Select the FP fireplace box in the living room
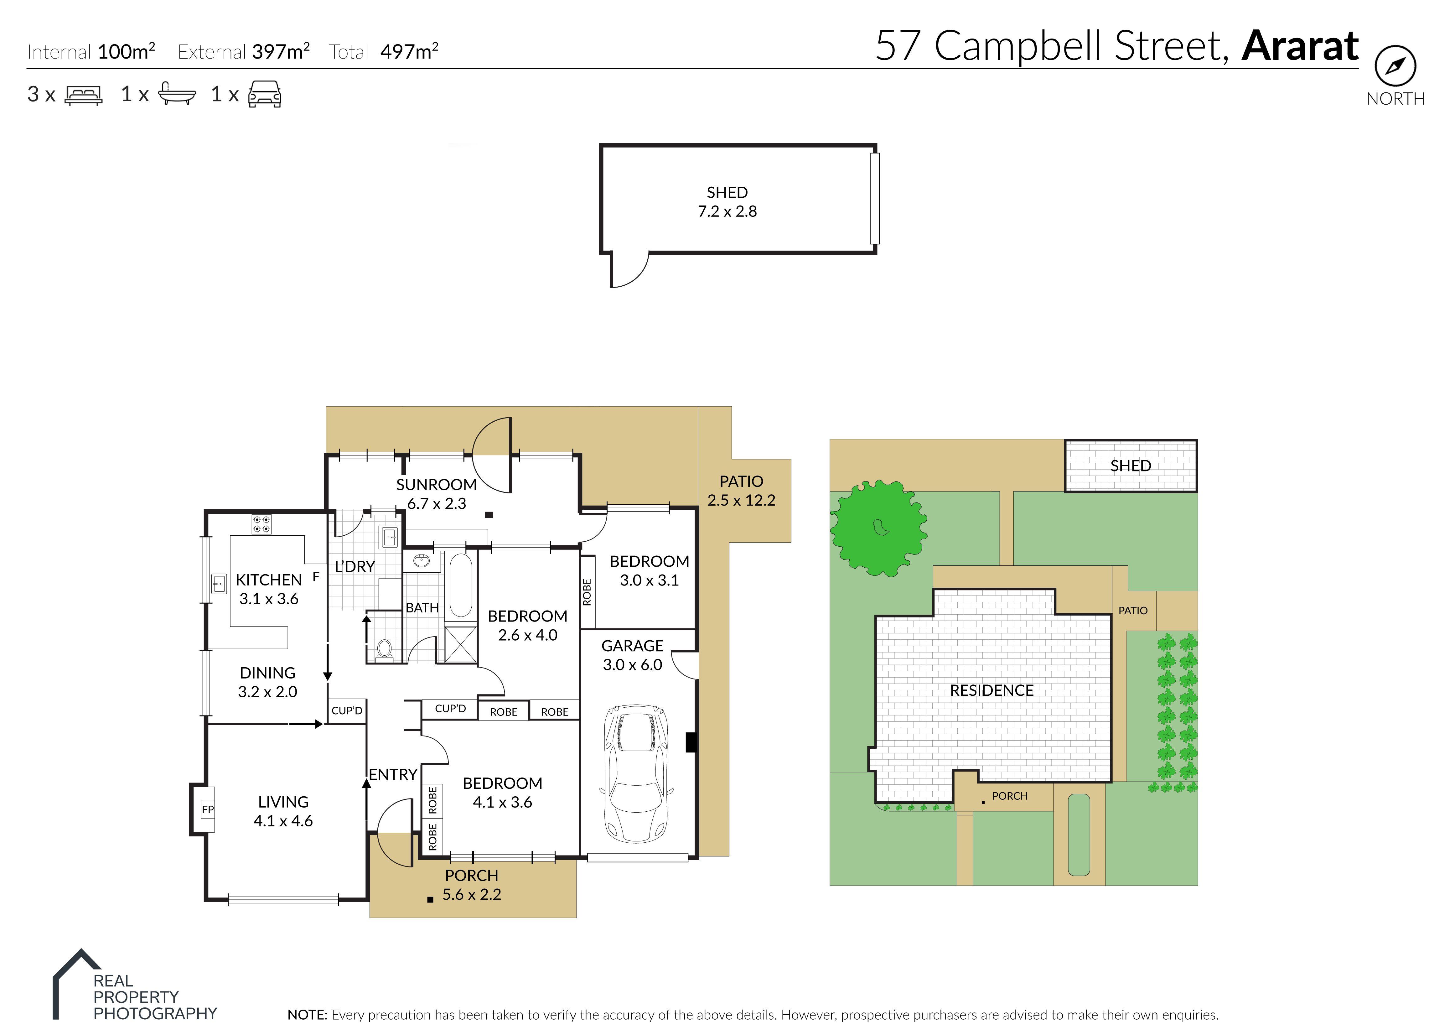click(207, 809)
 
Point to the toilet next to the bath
click(384, 649)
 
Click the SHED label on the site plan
click(1131, 466)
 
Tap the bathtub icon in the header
click(176, 94)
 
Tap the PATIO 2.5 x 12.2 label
click(741, 491)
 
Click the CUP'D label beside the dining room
click(347, 710)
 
